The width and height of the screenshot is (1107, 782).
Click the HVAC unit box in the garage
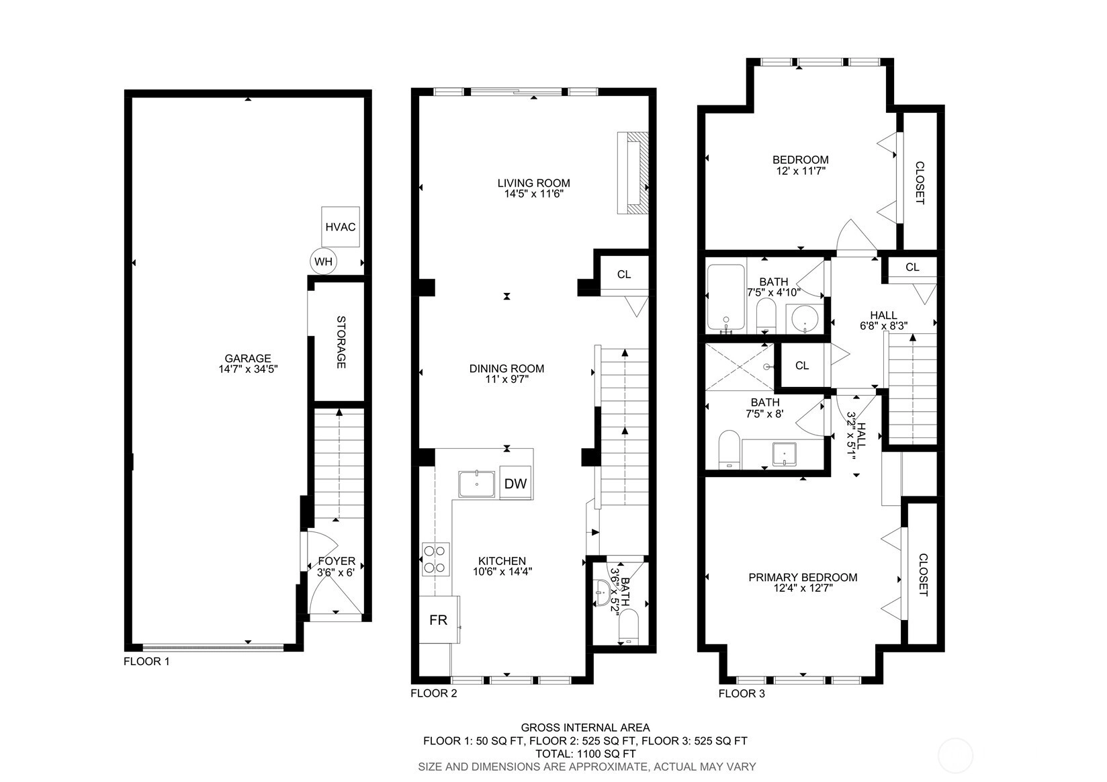click(x=341, y=227)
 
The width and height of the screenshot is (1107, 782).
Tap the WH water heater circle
click(x=323, y=261)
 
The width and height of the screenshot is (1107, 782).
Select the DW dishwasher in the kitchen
click(x=515, y=483)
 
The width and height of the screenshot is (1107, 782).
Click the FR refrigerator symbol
click(x=439, y=619)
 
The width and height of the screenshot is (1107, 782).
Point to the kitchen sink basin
click(x=476, y=484)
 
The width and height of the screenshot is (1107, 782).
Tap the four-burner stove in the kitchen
click(x=436, y=559)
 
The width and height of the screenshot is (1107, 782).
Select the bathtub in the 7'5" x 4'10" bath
click(x=726, y=298)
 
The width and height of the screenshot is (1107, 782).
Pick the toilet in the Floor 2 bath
click(x=629, y=626)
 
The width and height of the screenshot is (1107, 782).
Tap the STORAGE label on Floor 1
click(x=341, y=342)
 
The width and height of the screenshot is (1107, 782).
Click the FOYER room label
click(x=337, y=561)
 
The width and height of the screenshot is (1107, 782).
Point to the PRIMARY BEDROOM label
click(x=803, y=577)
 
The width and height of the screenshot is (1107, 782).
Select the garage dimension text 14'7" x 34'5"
click(x=248, y=369)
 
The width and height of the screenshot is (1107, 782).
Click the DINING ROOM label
click(x=506, y=368)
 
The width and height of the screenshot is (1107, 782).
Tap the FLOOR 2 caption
click(x=434, y=693)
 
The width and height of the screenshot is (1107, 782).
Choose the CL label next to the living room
click(x=624, y=274)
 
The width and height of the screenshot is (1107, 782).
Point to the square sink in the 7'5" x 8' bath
click(x=785, y=454)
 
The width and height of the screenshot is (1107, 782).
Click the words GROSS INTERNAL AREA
click(x=586, y=727)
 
